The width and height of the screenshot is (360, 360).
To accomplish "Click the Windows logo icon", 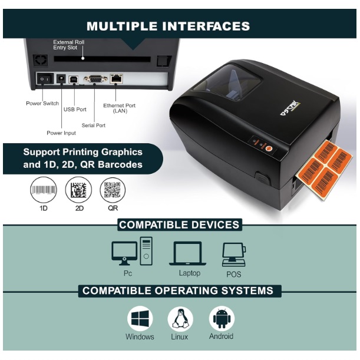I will pyautogui.click(x=140, y=319).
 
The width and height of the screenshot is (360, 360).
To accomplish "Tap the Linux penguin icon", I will pyautogui.click(x=180, y=319).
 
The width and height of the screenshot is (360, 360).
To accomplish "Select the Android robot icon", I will pyautogui.click(x=222, y=319).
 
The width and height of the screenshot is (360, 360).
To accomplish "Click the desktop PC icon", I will pyautogui.click(x=132, y=252).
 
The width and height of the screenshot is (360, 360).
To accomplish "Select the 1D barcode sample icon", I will pyautogui.click(x=44, y=190).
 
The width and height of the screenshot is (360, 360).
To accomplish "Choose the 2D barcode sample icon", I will pyautogui.click(x=78, y=190).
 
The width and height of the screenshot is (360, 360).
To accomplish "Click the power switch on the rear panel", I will pyautogui.click(x=45, y=78).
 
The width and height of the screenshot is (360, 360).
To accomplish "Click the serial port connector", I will pyautogui.click(x=94, y=78).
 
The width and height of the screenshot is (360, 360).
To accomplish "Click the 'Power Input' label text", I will pyautogui.click(x=61, y=133).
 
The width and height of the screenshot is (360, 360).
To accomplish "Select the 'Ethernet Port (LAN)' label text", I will pyautogui.click(x=120, y=108).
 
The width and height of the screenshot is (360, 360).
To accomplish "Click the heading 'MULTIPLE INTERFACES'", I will pyautogui.click(x=168, y=27).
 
